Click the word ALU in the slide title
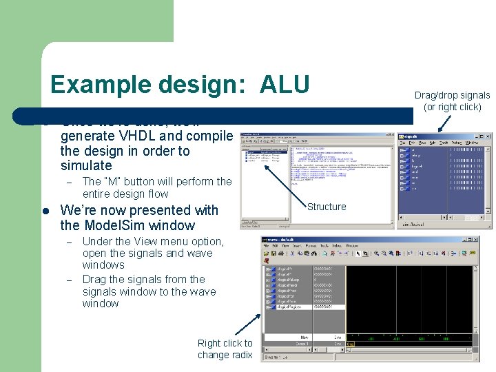pos(285,84)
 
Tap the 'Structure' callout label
pos(327,207)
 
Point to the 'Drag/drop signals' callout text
pos(452,95)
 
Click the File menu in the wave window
pos(276,245)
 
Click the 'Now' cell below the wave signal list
pos(303,338)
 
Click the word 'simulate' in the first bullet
pos(86,165)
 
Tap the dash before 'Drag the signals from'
pos(69,280)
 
